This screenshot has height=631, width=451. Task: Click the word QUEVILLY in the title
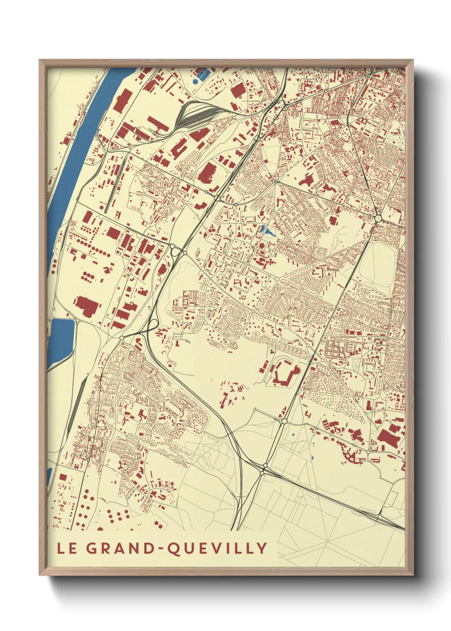(217, 548)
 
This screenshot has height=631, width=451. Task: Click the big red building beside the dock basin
(87, 306)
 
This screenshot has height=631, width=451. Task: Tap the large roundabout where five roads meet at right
(378, 218)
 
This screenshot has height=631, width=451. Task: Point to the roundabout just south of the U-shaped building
(284, 421)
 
